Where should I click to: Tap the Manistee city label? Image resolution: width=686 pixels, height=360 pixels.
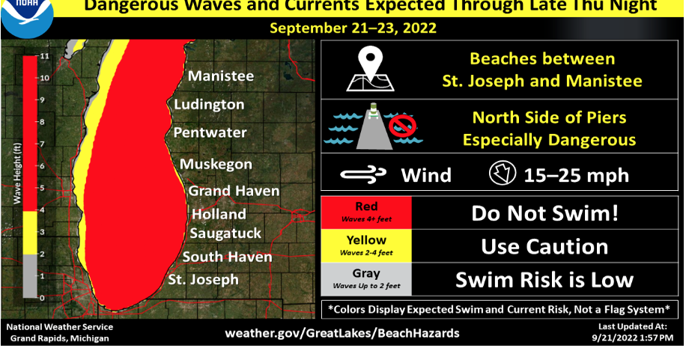221,76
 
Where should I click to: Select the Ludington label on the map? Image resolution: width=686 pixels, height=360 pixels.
209,105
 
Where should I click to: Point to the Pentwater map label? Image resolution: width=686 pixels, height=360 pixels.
210,132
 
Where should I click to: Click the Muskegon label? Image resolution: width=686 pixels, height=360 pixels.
216,163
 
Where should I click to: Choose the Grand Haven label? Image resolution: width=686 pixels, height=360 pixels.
234,191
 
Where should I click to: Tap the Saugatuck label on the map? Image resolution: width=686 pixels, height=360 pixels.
225,233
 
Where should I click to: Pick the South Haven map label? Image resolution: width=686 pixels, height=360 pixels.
228,257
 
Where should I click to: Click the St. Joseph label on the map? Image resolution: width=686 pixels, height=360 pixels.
204,280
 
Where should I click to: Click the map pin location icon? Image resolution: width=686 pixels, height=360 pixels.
367,69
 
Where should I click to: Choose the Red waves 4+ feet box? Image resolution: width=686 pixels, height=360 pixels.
366,212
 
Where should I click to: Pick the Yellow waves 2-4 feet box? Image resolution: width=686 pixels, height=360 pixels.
366,245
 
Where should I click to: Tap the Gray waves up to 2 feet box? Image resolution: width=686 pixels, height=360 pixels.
366,279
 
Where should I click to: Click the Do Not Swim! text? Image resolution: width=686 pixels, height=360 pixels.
544,213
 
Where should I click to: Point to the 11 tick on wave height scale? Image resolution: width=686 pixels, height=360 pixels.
44,56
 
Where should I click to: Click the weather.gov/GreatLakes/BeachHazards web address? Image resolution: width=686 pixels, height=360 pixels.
342,332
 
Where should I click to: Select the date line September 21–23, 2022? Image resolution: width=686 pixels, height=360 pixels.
353,29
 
